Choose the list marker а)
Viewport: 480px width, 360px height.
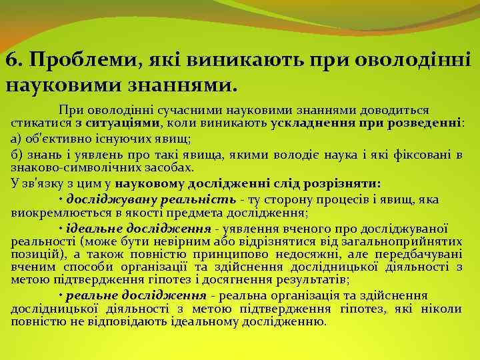[x=17, y=139]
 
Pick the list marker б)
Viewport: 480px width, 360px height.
[x=17, y=155]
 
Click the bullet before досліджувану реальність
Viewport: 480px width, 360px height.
[x=61, y=200]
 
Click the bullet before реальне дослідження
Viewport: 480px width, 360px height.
[x=61, y=296]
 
